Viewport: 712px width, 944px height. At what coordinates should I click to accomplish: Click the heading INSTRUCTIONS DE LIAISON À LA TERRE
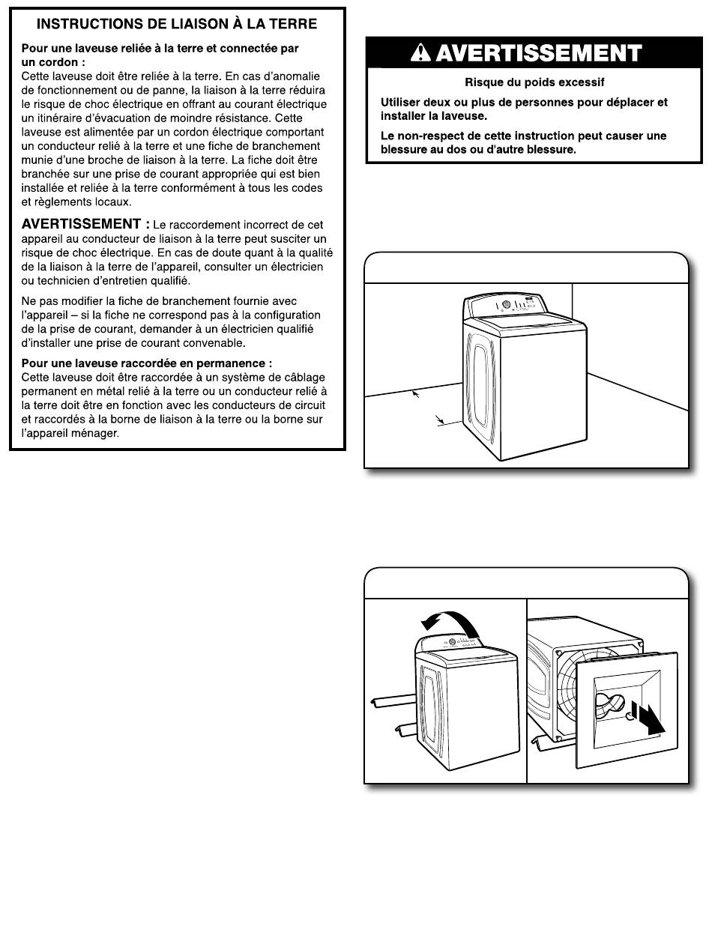[x=177, y=24]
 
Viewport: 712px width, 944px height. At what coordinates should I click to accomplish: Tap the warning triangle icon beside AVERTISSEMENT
[x=423, y=54]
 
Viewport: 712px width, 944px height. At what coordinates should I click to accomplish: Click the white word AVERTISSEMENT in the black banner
[x=538, y=54]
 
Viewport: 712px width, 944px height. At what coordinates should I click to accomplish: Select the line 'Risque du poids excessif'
[x=534, y=82]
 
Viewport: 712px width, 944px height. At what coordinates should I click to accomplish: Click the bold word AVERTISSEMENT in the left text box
[x=81, y=224]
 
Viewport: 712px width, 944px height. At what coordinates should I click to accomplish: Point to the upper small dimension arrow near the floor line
[x=414, y=393]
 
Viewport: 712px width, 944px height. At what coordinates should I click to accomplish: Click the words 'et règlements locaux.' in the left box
[x=76, y=202]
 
